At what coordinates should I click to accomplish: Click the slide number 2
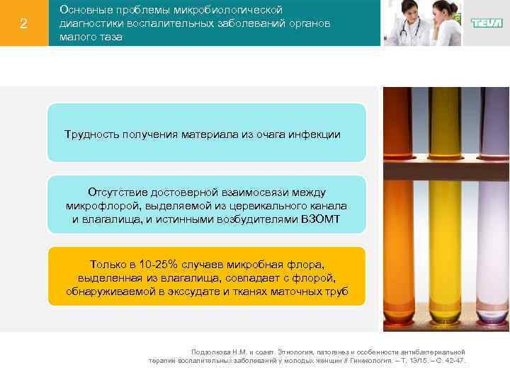point(23,24)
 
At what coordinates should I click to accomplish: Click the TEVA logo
point(487,23)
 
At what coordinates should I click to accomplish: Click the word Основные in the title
point(82,10)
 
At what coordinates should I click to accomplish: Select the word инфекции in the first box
point(317,134)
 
